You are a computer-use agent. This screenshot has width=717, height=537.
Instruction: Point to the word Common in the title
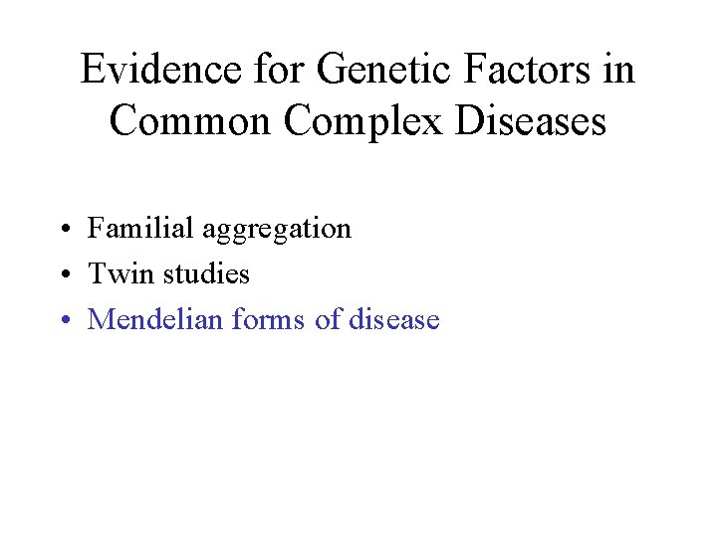click(x=189, y=121)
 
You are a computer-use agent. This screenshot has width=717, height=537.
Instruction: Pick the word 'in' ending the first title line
click(x=617, y=71)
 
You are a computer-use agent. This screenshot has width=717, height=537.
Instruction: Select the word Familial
click(x=140, y=228)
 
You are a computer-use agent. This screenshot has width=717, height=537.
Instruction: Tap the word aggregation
click(x=277, y=230)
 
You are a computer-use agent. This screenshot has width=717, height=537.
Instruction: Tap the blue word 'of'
click(x=328, y=319)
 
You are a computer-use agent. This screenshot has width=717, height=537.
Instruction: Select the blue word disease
click(x=394, y=319)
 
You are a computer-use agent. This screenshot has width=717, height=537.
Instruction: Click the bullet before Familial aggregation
click(x=63, y=230)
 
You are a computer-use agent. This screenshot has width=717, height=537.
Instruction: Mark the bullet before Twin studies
click(x=63, y=275)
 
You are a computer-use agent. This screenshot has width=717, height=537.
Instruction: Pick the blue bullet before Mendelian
click(x=63, y=321)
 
